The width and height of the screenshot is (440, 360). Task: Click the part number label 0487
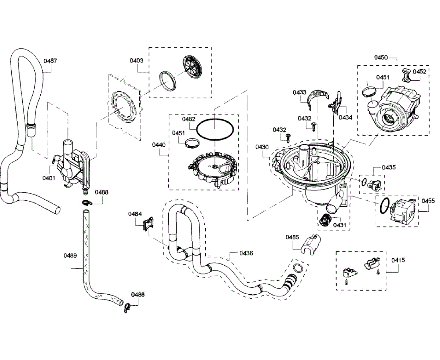(50, 61)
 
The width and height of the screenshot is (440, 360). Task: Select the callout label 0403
(136, 60)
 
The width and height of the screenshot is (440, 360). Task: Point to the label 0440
(159, 145)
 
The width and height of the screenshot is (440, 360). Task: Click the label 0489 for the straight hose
(70, 255)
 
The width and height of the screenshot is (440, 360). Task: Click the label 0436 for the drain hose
(246, 253)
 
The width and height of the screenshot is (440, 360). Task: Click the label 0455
(428, 201)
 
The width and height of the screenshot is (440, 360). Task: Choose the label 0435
(389, 167)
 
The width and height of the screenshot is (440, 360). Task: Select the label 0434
(345, 117)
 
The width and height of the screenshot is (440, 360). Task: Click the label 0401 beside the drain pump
(49, 178)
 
